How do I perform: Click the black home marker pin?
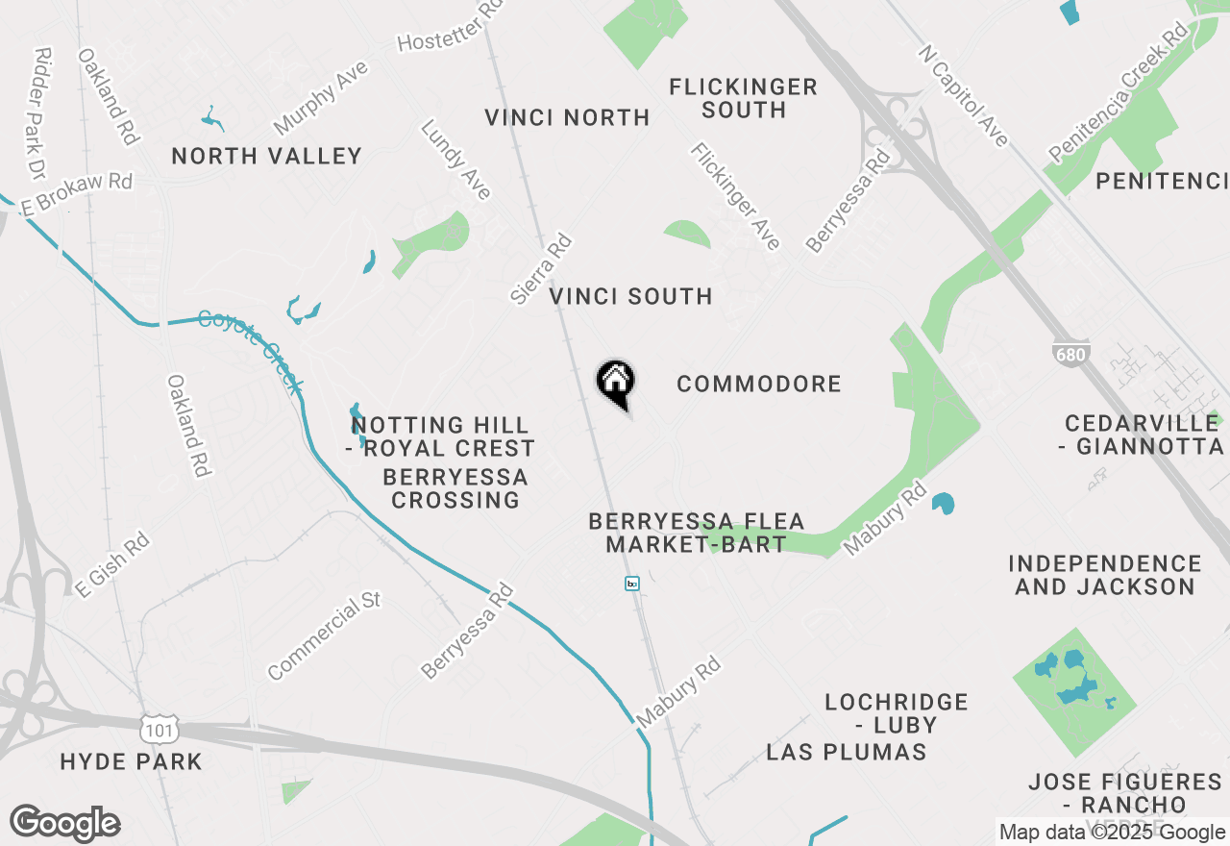click(615, 382)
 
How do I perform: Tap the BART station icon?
click(631, 584)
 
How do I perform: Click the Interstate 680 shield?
click(1070, 355)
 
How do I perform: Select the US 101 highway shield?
click(158, 730)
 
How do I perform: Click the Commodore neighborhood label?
click(759, 385)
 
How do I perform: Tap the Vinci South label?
click(631, 296)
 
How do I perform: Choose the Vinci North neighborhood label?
click(567, 118)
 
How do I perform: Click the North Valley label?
click(266, 156)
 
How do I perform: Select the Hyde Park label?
click(132, 762)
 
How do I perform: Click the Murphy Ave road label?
click(321, 97)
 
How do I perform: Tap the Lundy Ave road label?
click(456, 160)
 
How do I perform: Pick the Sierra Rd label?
click(541, 270)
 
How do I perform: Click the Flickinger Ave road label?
click(735, 196)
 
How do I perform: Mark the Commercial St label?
click(325, 635)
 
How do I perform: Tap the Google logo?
click(64, 824)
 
